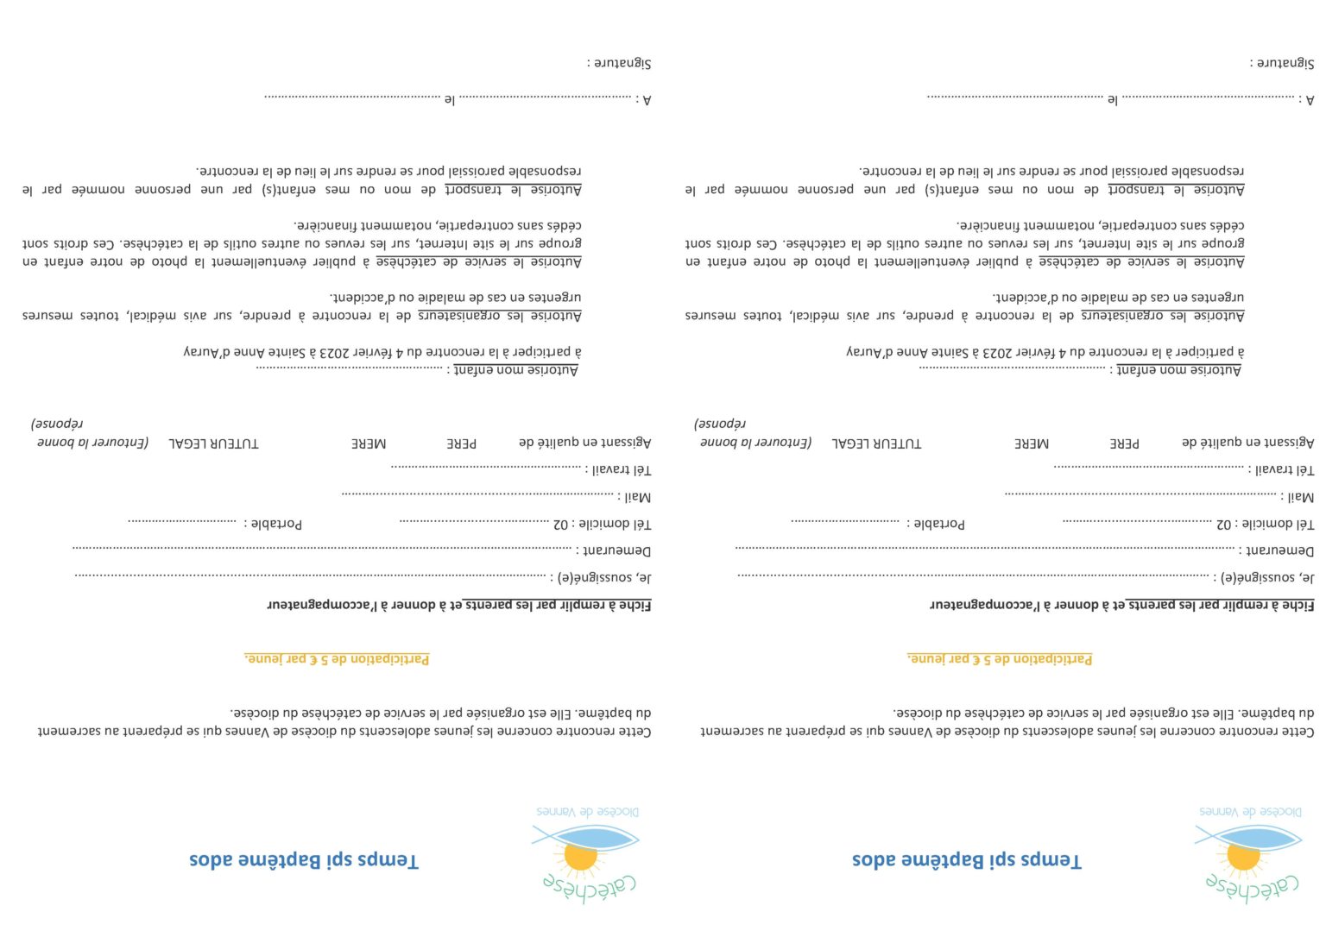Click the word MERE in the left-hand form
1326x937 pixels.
point(369,443)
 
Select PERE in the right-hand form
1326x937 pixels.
point(1124,443)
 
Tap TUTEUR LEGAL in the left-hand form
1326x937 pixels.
point(213,443)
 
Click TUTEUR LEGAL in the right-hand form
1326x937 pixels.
point(876,443)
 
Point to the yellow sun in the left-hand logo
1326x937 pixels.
point(579,856)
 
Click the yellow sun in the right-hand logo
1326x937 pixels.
point(1242,856)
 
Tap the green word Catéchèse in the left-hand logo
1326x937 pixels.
point(590,886)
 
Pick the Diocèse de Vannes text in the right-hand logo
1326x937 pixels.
point(1250,812)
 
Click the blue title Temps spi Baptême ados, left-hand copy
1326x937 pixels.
point(304,860)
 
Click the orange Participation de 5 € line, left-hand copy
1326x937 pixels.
point(337,659)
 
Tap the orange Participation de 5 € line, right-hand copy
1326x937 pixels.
point(1000,659)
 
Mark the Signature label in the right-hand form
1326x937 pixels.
point(1283,63)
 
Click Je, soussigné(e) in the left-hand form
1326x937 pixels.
point(601,577)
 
